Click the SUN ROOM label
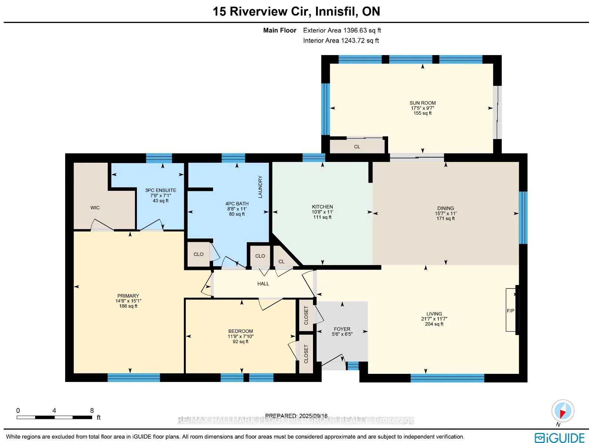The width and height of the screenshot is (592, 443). tap(423, 103)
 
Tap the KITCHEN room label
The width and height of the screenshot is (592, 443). tap(322, 207)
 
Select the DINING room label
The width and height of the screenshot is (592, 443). tap(445, 208)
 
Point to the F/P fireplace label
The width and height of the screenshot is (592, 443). tap(510, 311)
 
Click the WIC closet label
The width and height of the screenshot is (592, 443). tap(95, 208)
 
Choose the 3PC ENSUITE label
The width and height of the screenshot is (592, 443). tap(161, 190)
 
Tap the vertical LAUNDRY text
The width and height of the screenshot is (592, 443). tap(260, 187)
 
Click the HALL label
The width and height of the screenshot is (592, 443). tap(263, 284)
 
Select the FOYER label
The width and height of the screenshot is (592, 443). tap(342, 329)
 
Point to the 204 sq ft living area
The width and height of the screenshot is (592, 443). tap(434, 324)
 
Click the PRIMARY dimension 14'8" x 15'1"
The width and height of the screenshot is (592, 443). tap(128, 301)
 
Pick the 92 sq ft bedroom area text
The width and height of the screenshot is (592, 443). tap(240, 341)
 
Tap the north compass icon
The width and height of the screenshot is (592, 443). tap(563, 411)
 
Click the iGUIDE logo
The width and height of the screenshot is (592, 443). tap(559, 437)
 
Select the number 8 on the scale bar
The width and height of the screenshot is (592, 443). tap(92, 410)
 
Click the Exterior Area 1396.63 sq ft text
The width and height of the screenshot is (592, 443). tap(342, 30)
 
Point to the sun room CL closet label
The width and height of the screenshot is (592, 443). tap(357, 146)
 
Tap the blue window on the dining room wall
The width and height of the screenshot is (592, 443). tap(523, 217)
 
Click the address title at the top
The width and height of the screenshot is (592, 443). tap(296, 11)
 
